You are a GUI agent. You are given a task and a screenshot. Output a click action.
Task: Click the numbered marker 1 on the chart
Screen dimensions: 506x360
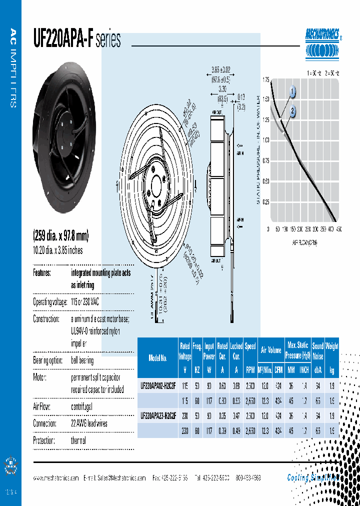(x=292, y=92)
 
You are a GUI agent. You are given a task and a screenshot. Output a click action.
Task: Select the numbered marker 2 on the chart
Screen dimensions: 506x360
(x=292, y=111)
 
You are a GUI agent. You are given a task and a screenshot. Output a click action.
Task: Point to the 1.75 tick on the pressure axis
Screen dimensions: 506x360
(x=265, y=80)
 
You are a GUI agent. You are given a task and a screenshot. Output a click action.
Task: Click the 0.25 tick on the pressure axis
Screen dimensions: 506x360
(x=265, y=202)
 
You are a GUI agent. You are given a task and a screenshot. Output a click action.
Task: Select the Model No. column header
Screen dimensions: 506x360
(x=158, y=357)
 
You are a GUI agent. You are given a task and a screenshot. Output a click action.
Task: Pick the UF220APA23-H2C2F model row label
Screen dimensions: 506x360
(x=158, y=415)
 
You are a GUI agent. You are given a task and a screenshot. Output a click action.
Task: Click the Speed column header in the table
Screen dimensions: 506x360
(x=250, y=346)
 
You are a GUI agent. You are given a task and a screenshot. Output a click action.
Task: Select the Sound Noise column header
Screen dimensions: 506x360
(x=317, y=351)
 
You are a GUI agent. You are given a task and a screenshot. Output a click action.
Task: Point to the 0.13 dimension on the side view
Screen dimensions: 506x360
(x=241, y=97)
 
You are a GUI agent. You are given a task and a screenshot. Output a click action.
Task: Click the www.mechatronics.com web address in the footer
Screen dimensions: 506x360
(x=56, y=478)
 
